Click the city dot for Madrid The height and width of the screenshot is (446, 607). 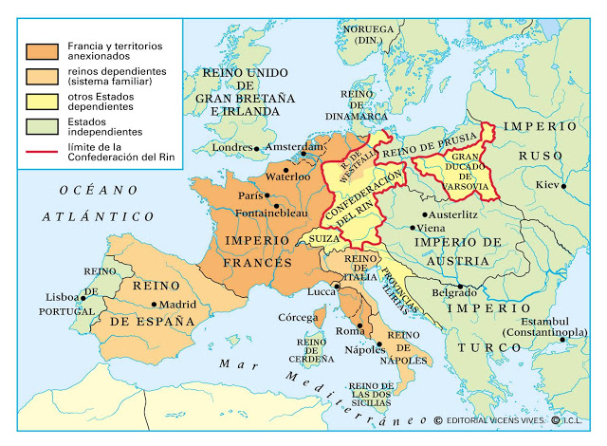(155, 305)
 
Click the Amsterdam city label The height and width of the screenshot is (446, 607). (293, 147)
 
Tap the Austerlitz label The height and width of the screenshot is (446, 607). (439, 214)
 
